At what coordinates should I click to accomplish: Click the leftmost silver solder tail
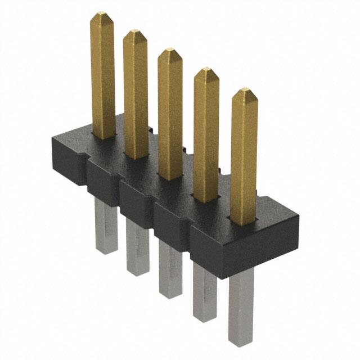[x=106, y=231]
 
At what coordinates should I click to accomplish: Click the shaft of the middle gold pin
[x=170, y=112]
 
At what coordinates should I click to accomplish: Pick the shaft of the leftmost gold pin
[x=103, y=73]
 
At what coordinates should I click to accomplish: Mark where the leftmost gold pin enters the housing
[x=103, y=137]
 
